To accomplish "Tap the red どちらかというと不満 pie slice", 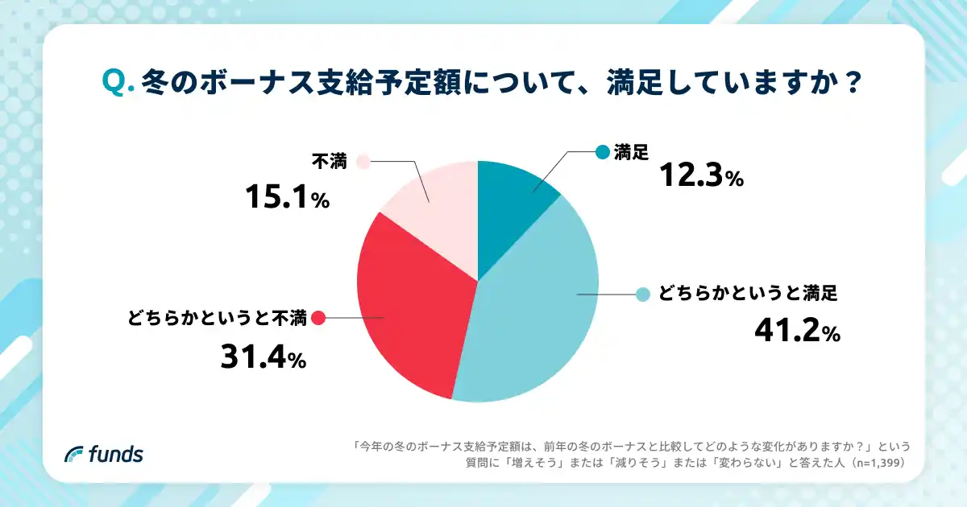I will tap(411, 306).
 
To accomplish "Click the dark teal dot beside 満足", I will tap(602, 151).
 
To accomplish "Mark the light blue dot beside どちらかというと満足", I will tap(642, 295).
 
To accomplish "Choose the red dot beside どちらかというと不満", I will tap(317, 318).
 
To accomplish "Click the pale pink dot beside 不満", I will tap(362, 162).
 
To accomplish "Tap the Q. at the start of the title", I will tap(118, 82).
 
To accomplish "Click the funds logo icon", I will tap(75, 454).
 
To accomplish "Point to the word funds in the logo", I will tap(115, 454).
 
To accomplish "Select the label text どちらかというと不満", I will tap(217, 318).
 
